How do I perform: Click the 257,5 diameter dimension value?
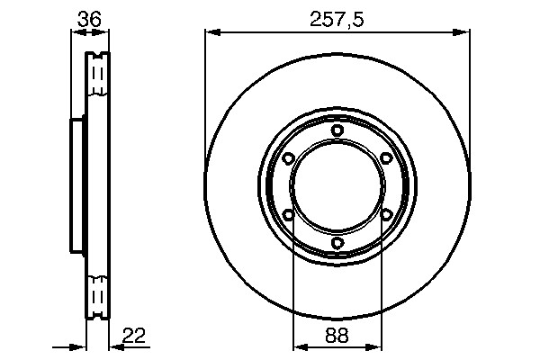coord(337,20)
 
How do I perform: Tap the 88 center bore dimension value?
coord(337,335)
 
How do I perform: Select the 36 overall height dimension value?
coord(89,19)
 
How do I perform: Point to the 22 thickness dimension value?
coord(134,336)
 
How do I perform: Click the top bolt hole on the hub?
coord(337,130)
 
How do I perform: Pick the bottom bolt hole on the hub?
coord(337,243)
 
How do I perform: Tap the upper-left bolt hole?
coord(288,158)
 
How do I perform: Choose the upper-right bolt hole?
coord(386,158)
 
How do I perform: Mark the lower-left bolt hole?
coord(288,215)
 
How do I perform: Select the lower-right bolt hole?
coord(386,215)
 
